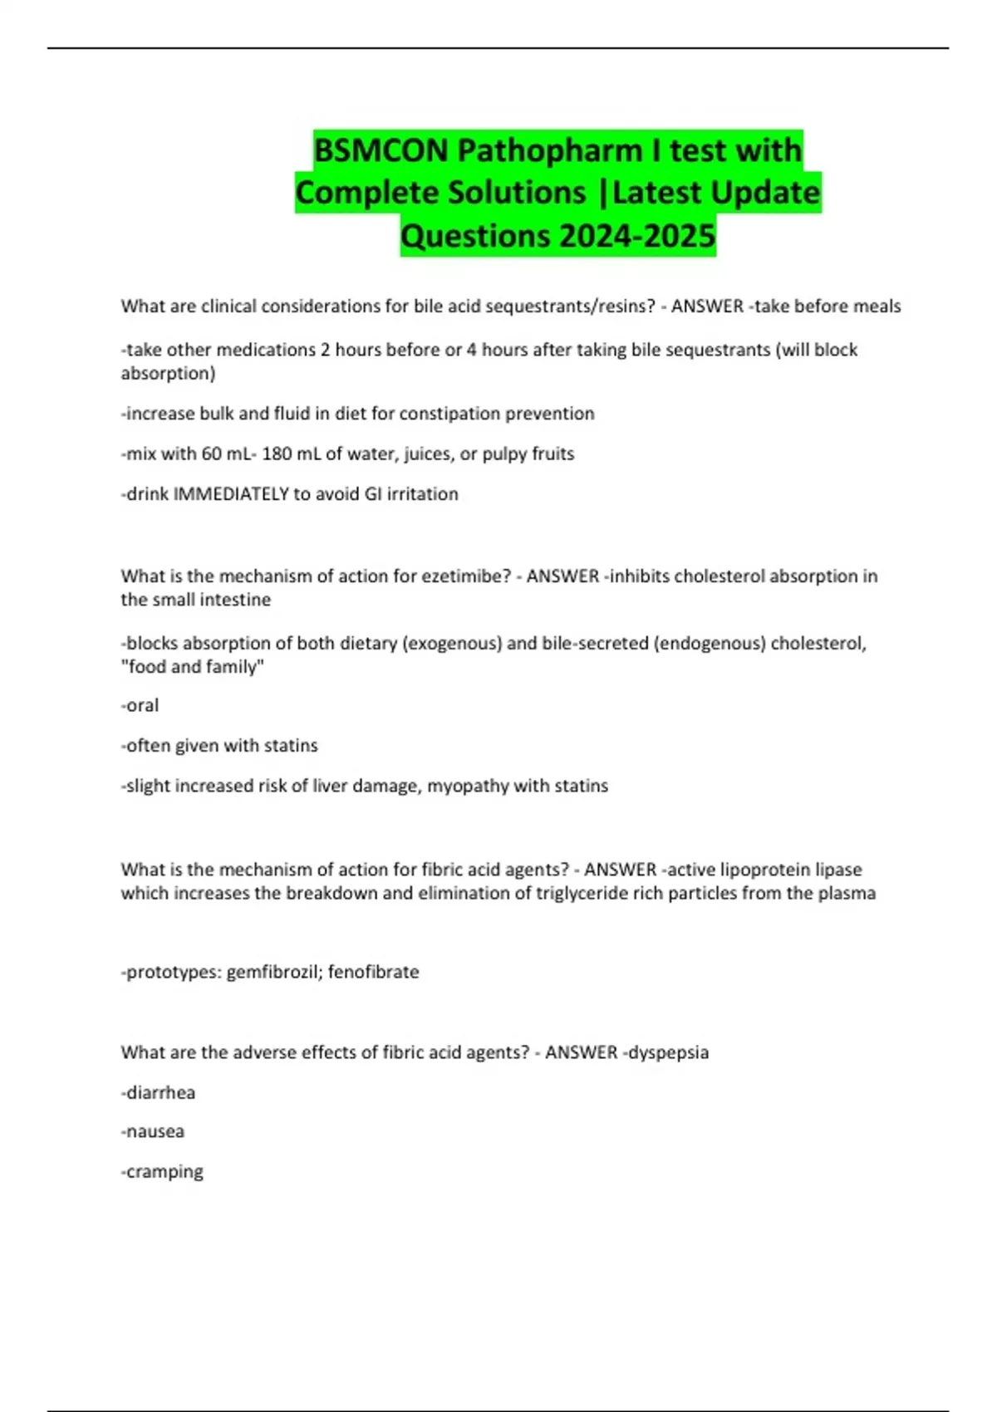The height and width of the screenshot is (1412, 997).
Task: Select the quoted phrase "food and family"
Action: click(x=193, y=667)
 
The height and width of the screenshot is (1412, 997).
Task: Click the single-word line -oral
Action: click(x=140, y=706)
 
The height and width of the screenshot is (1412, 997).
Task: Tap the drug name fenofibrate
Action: click(x=373, y=972)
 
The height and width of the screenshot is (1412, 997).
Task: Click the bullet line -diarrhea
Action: click(x=158, y=1093)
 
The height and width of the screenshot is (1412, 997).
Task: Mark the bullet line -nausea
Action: click(x=153, y=1132)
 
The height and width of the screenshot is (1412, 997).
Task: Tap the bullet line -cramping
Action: click(x=162, y=1172)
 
